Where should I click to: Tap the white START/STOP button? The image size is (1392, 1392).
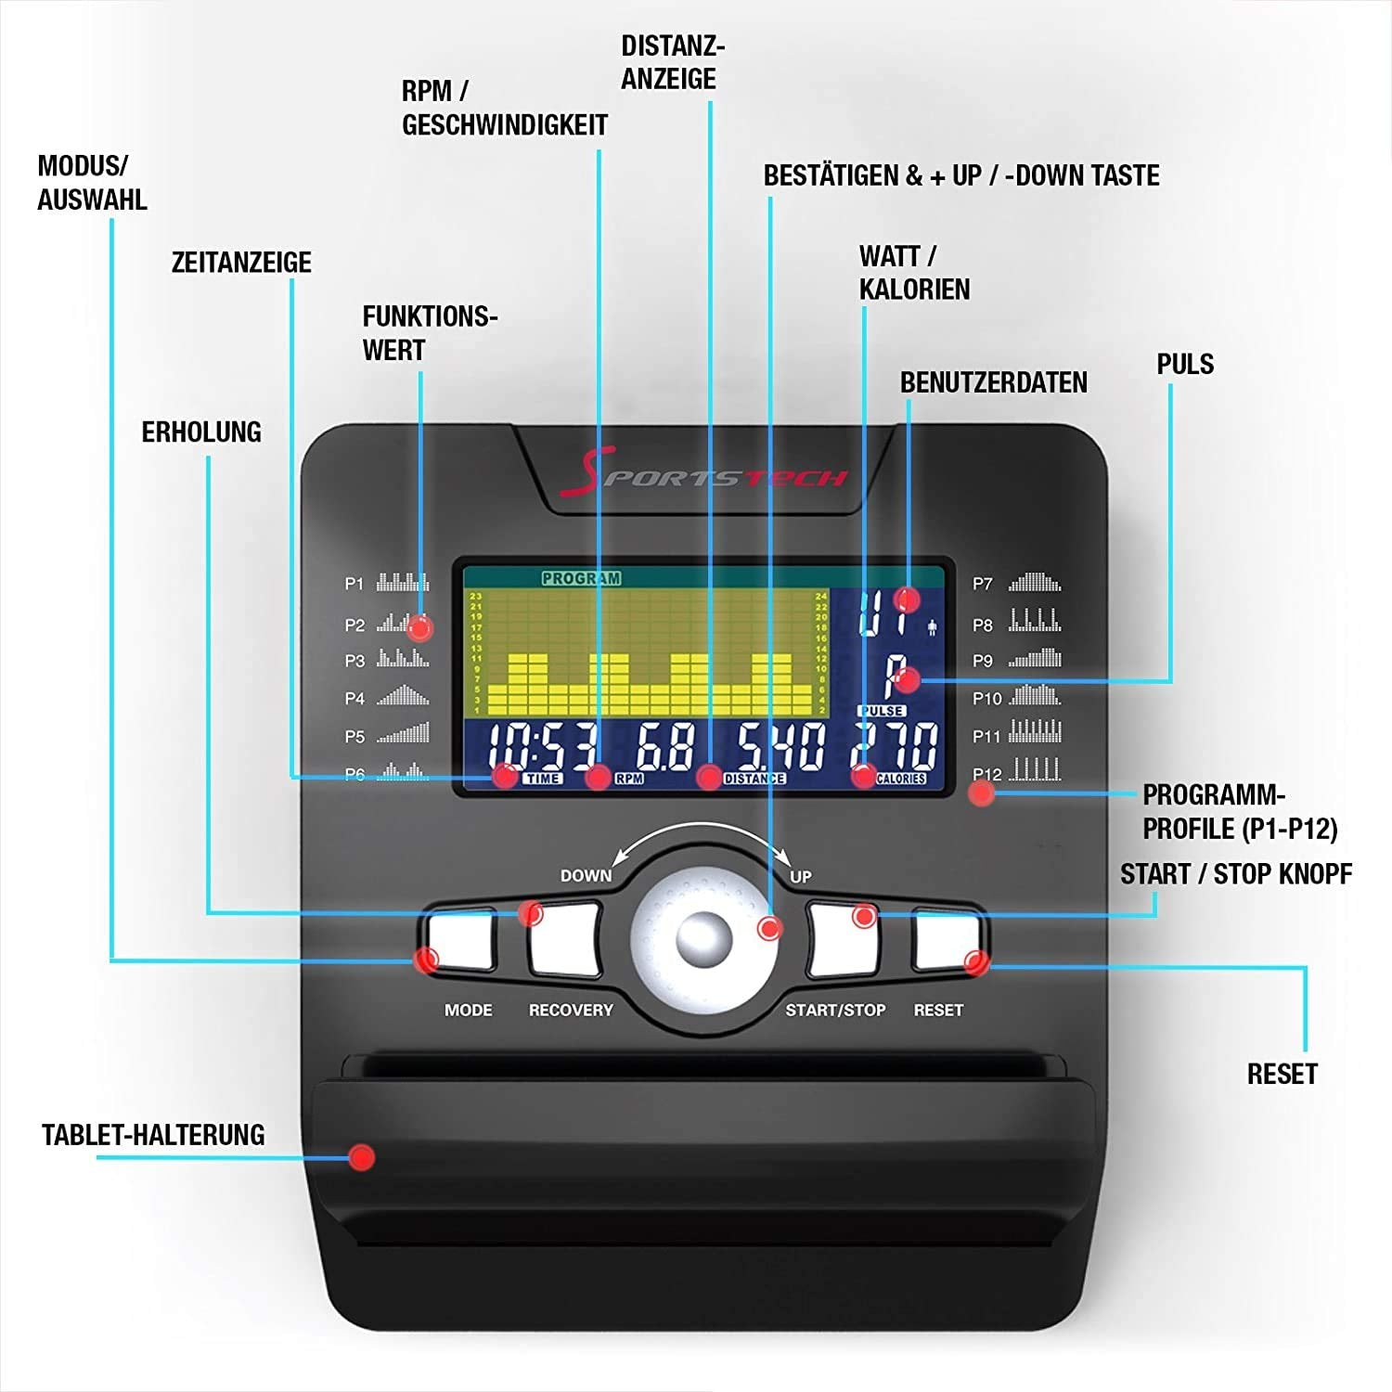coord(842,940)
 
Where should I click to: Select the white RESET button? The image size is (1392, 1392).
coord(946,939)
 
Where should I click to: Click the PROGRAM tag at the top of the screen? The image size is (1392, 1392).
coord(581,578)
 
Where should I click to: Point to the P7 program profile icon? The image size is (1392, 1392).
coord(1035,583)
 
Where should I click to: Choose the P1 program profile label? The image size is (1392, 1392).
coord(354,584)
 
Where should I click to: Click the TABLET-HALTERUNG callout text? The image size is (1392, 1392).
coord(153,1135)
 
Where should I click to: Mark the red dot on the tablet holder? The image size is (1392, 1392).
coord(361,1157)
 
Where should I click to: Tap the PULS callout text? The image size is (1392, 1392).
coord(1185,364)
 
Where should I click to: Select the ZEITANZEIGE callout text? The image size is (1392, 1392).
coord(241,263)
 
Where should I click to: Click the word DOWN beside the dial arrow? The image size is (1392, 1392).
coord(586,875)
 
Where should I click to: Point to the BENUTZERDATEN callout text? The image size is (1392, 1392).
coord(993,382)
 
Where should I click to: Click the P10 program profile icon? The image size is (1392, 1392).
coord(1035,695)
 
